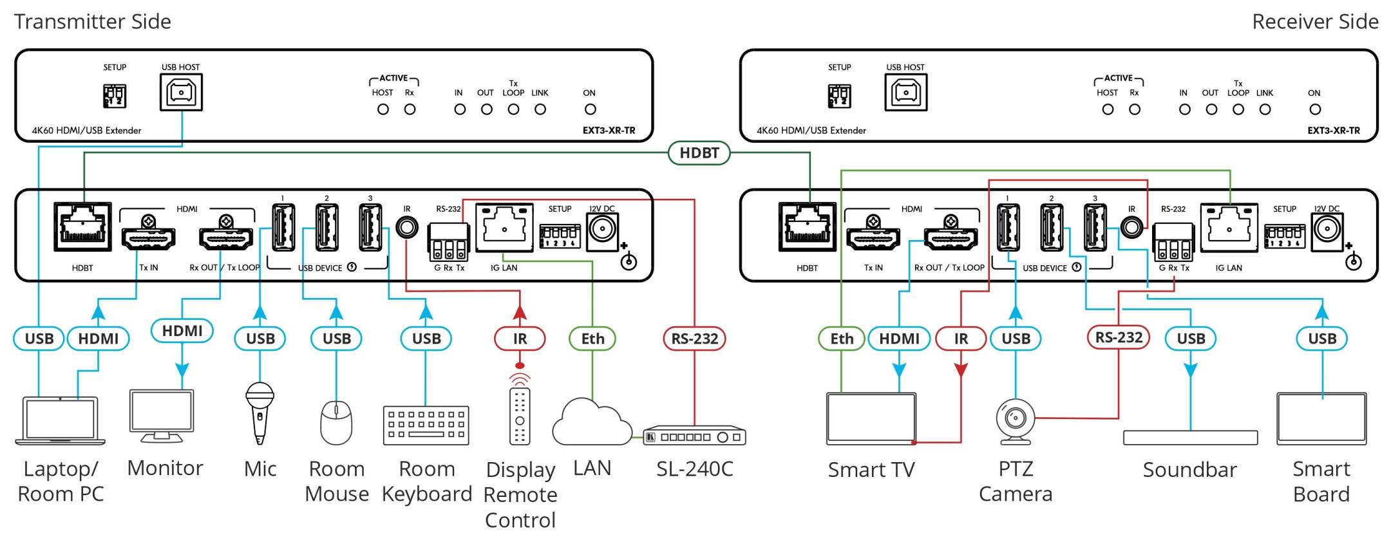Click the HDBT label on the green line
point(699,153)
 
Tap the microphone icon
point(260,412)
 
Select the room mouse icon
point(336,422)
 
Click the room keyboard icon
point(426,425)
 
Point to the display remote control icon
point(520,415)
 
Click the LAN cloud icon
point(591,423)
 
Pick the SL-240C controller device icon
point(694,436)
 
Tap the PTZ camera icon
point(1016,422)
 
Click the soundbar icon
point(1190,438)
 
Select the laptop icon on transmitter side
point(60,421)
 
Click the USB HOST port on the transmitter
point(181,92)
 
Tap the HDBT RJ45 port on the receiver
point(807,227)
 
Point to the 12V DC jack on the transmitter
point(602,228)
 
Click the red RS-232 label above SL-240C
point(694,339)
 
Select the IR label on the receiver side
point(960,339)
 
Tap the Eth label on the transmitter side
point(592,339)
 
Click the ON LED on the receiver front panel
point(1315,109)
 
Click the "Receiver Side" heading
point(1314,22)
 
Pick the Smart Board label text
point(1321,481)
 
